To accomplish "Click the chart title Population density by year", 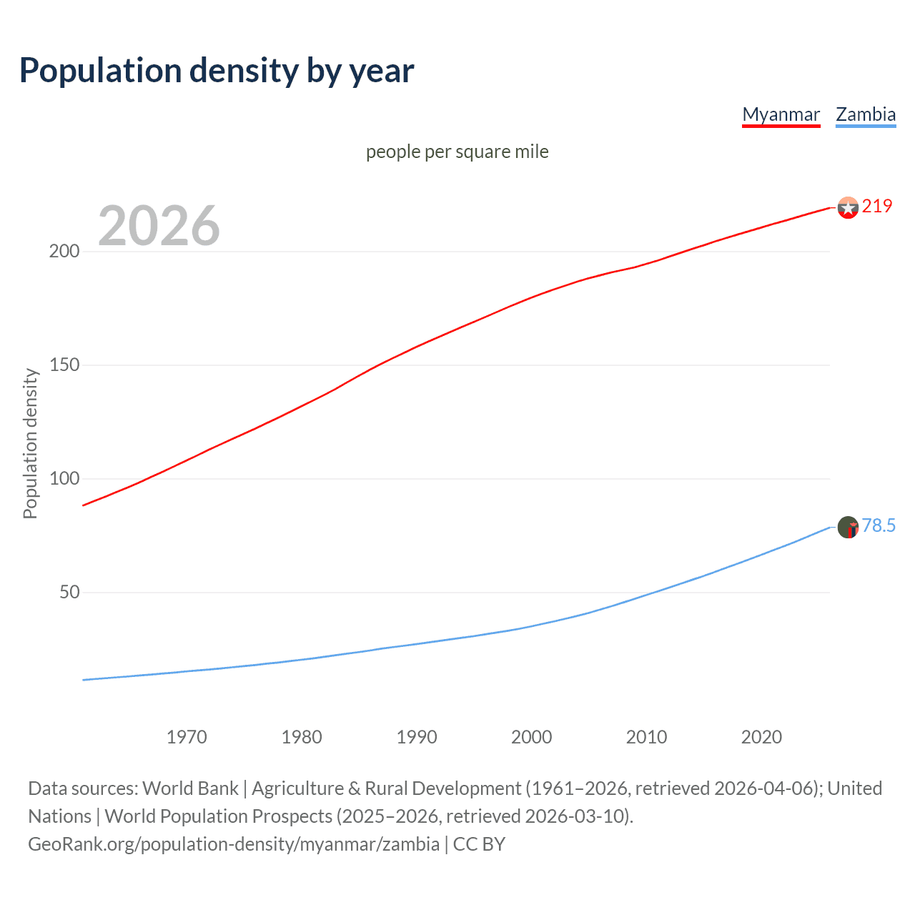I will point(217,71).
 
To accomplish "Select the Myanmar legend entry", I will point(781,114).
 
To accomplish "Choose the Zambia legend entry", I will point(866,114).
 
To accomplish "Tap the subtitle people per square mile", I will point(457,152).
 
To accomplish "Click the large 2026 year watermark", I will point(159,226).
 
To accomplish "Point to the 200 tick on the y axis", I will point(64,252).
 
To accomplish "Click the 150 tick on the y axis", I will point(64,365).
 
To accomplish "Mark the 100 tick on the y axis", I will point(64,479).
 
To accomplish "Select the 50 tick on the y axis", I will point(69,593).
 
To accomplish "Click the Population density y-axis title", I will point(30,443).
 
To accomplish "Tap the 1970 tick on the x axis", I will point(187,737).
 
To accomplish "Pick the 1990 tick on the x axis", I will point(417,737).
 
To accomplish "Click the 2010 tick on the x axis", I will point(646,737).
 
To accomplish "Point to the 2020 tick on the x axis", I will point(761,737).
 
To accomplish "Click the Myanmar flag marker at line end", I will point(848,208).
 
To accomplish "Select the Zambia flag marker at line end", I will point(848,528).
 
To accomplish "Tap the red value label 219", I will point(877,207).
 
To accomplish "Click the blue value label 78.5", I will point(879,526).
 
